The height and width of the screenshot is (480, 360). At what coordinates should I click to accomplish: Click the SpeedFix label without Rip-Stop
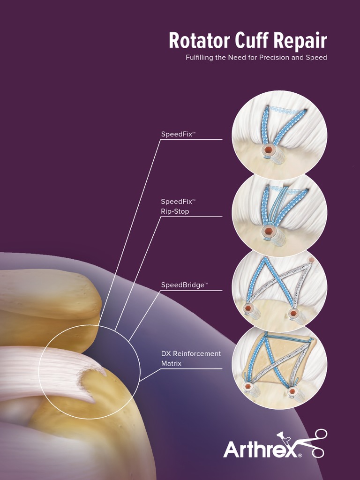coord(178,134)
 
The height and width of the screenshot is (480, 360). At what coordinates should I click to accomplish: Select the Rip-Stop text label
coord(175,211)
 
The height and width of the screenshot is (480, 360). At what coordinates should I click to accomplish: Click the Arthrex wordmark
coord(261,449)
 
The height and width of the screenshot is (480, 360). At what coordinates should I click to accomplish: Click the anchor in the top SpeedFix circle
coord(268,150)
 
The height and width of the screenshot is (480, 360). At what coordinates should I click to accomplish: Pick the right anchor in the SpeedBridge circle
coord(293,313)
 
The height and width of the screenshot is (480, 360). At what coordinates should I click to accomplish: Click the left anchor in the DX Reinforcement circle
coord(247,386)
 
